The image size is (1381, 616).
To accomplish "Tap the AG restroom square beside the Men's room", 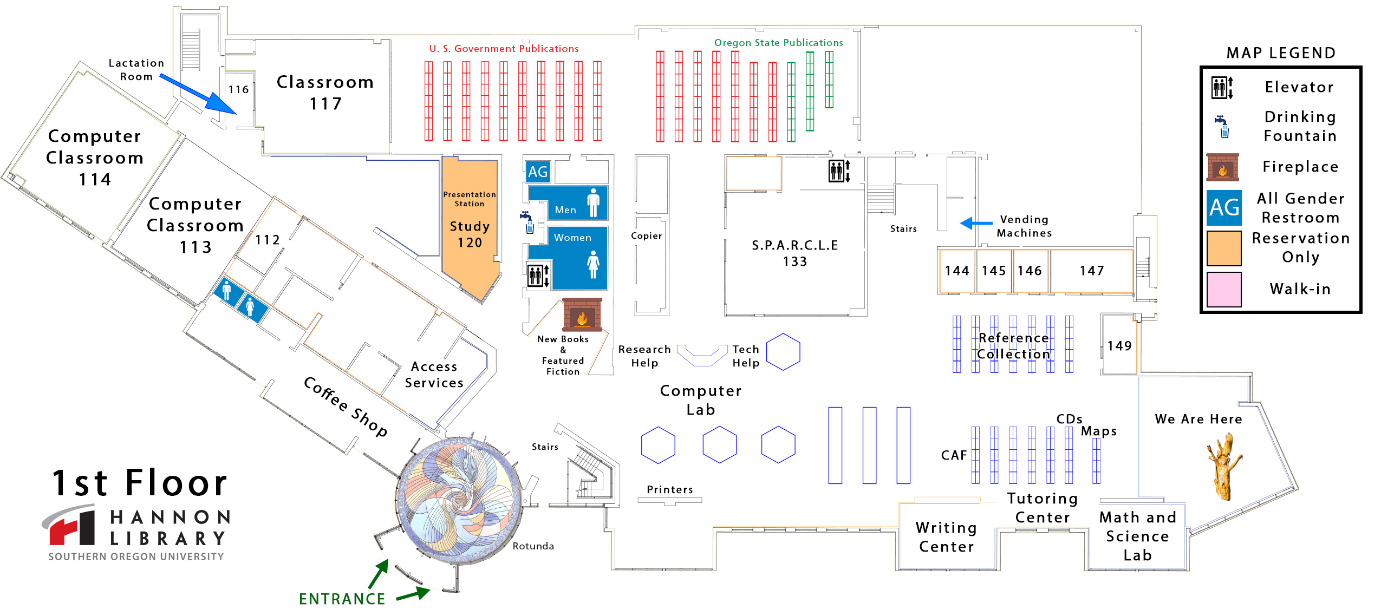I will click(537, 172).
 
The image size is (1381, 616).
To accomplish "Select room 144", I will click(956, 271).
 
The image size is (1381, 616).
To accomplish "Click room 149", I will click(1119, 345).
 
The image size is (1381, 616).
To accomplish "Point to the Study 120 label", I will click(470, 234).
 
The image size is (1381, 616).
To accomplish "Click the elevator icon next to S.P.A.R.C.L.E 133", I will click(839, 171).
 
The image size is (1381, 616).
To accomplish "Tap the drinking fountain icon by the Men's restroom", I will click(527, 222).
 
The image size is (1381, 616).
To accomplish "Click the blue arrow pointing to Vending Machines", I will click(975, 222).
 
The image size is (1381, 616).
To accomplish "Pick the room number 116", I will click(238, 89).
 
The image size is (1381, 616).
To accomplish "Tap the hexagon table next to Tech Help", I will click(783, 352).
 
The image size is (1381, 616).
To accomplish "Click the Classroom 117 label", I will click(325, 93).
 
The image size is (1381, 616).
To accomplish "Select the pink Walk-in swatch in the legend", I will click(1223, 290).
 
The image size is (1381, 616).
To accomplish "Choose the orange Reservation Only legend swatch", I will click(1223, 248).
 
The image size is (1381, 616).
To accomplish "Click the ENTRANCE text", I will click(342, 599).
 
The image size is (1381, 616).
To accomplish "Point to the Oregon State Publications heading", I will click(778, 43).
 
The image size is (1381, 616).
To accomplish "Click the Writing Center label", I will click(946, 537).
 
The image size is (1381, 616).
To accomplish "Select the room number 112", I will click(268, 240).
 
